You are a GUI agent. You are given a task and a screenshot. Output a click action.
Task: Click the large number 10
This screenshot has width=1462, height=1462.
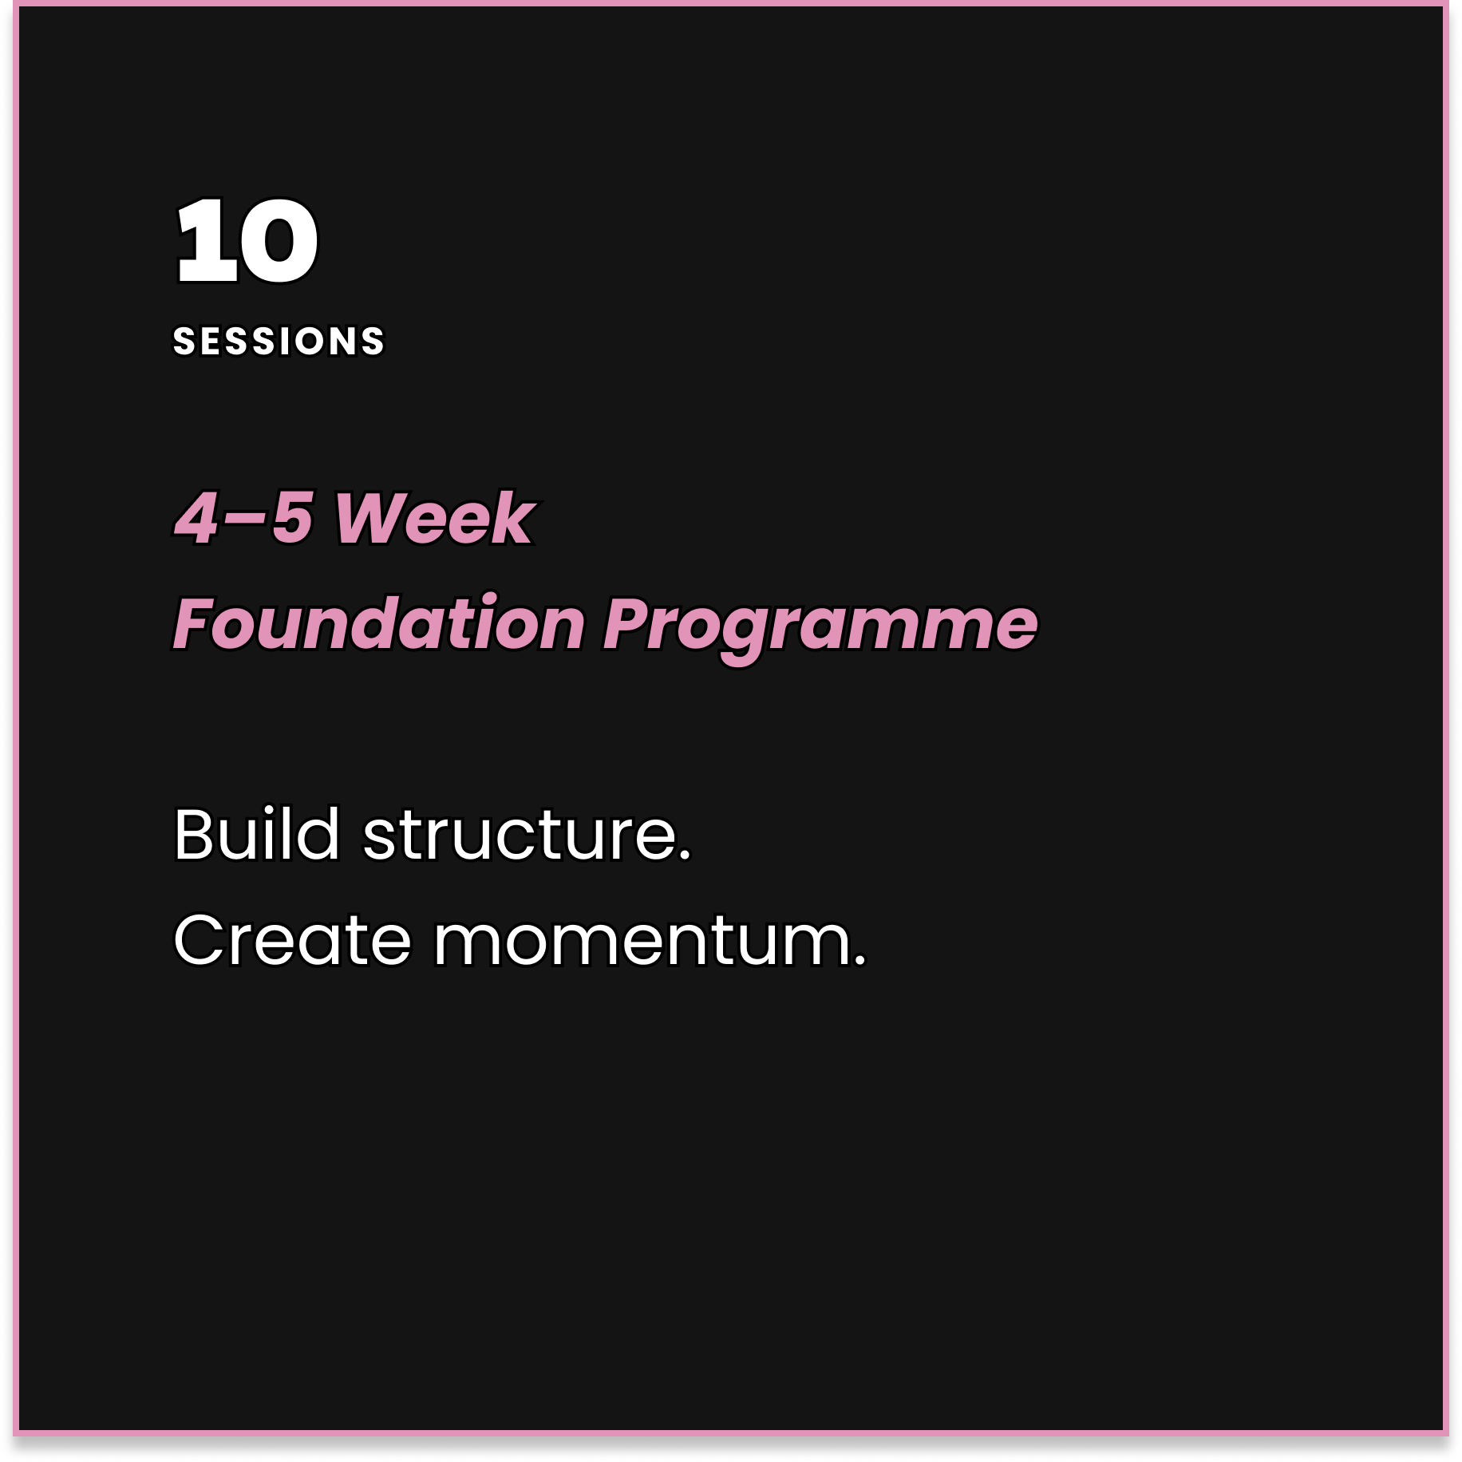[247, 241]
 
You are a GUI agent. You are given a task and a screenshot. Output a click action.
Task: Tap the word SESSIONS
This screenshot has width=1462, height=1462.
[279, 342]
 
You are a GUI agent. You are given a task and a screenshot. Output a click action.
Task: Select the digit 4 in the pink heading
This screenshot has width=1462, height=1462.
[196, 519]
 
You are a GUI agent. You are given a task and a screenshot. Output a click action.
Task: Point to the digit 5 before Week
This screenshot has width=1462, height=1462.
[290, 519]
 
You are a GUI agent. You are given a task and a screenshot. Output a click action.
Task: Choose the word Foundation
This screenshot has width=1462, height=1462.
[380, 624]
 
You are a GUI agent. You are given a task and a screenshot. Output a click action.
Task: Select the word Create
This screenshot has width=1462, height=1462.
[292, 940]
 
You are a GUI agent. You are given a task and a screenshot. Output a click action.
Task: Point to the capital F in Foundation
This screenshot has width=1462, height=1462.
[195, 624]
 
